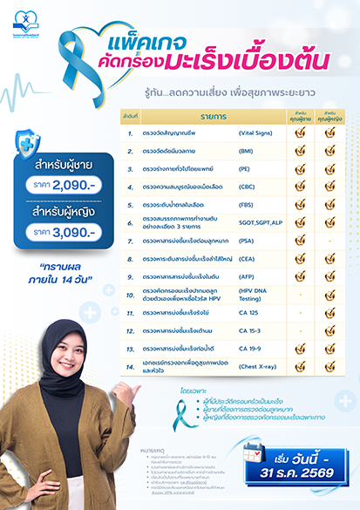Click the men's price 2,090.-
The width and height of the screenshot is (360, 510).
(x=77, y=185)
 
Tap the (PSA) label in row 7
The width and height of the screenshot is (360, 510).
(x=248, y=237)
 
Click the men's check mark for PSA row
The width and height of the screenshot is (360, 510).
(x=300, y=237)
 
